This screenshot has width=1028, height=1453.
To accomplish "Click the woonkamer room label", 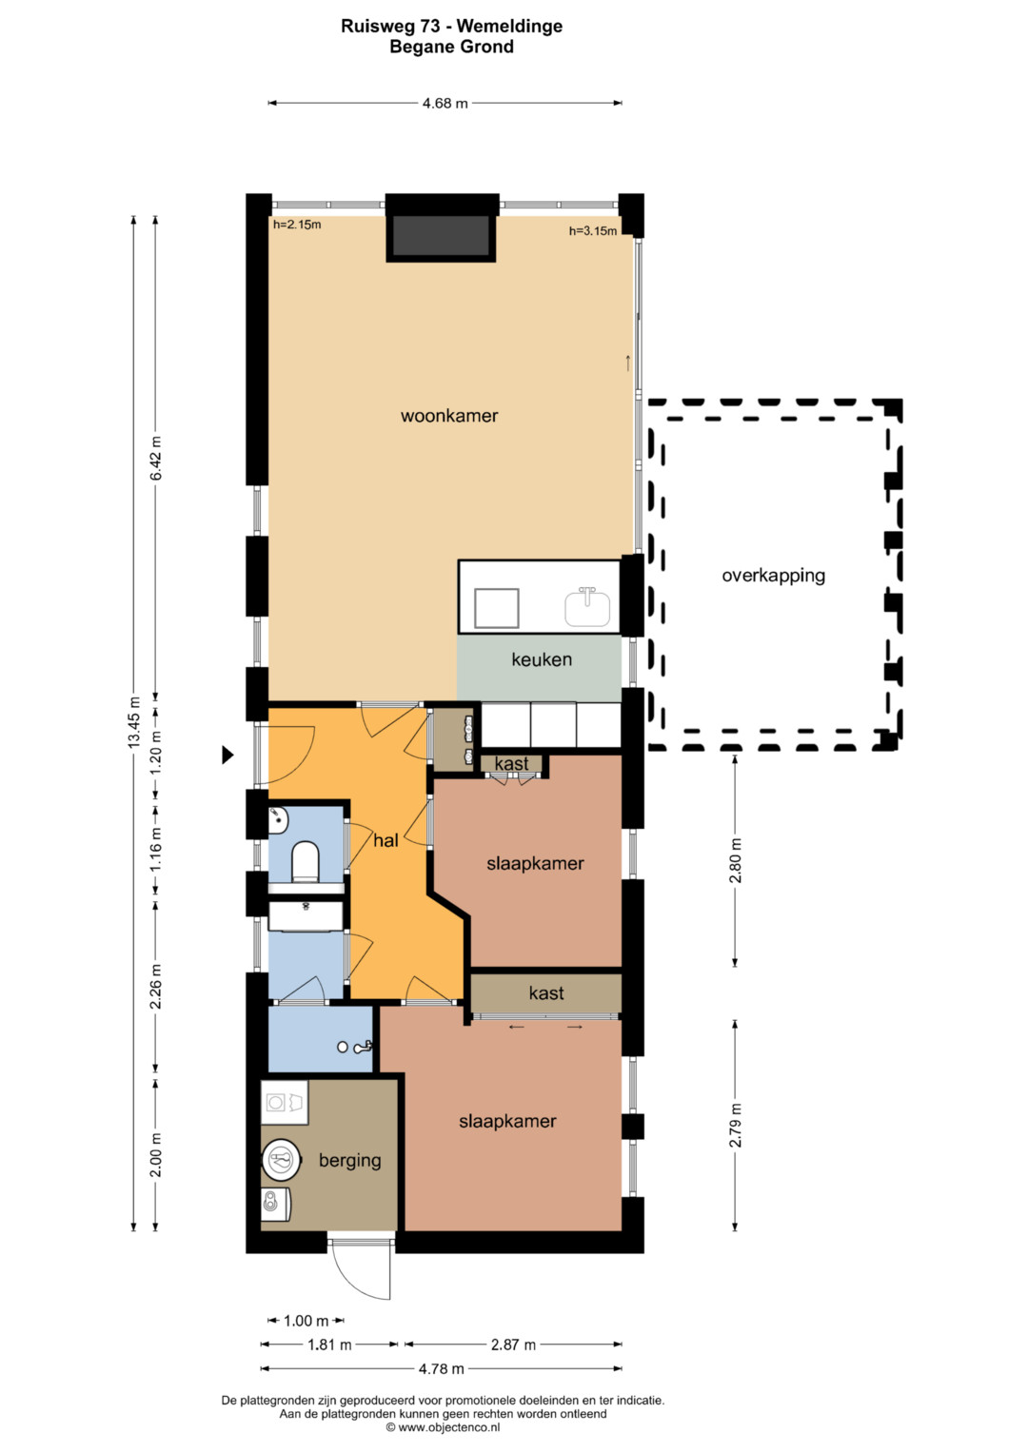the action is [x=449, y=416].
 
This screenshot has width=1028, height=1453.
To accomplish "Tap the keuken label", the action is [x=542, y=659].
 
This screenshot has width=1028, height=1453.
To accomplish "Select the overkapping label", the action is [x=774, y=576].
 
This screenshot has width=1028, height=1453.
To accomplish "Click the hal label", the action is [x=385, y=840].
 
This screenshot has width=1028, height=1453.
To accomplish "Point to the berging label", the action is [x=350, y=1161].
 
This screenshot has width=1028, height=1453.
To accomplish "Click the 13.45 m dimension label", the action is [x=134, y=722].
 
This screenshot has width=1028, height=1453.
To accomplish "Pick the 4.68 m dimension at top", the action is [x=445, y=103].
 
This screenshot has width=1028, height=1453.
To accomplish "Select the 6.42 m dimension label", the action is [x=156, y=459].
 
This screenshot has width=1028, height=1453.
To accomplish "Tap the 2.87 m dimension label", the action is [x=513, y=1345].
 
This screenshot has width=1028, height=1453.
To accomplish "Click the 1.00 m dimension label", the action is [x=306, y=1321].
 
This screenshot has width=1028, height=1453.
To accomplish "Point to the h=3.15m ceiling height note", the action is [x=592, y=231].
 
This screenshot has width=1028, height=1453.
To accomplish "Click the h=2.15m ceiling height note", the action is [x=297, y=226].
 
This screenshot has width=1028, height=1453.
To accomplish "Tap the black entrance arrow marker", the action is [x=227, y=755].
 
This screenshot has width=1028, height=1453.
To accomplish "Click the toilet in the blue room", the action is [x=305, y=861].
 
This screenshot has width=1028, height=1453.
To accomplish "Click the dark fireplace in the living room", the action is [x=442, y=235].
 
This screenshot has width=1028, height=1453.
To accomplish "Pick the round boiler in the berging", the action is [x=282, y=1160].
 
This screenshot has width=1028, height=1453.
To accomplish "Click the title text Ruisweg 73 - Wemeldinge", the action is [x=452, y=26].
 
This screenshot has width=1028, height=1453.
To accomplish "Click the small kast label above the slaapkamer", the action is [x=511, y=763].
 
